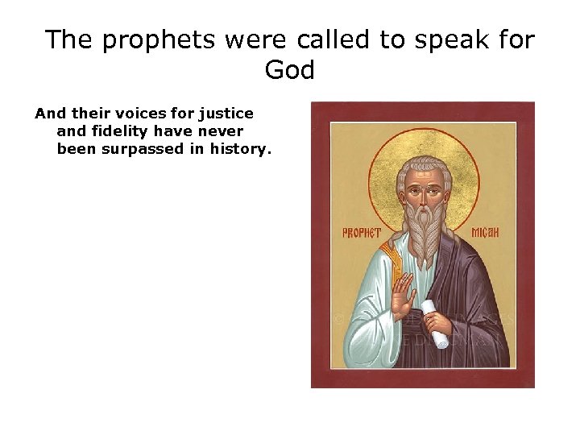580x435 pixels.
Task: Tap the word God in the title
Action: point(290,70)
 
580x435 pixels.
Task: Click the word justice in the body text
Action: point(227,114)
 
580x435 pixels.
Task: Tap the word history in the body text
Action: point(241,148)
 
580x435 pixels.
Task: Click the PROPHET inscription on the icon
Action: point(362,234)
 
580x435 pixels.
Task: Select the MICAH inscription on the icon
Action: point(486,234)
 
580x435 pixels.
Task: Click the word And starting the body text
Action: point(47,114)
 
